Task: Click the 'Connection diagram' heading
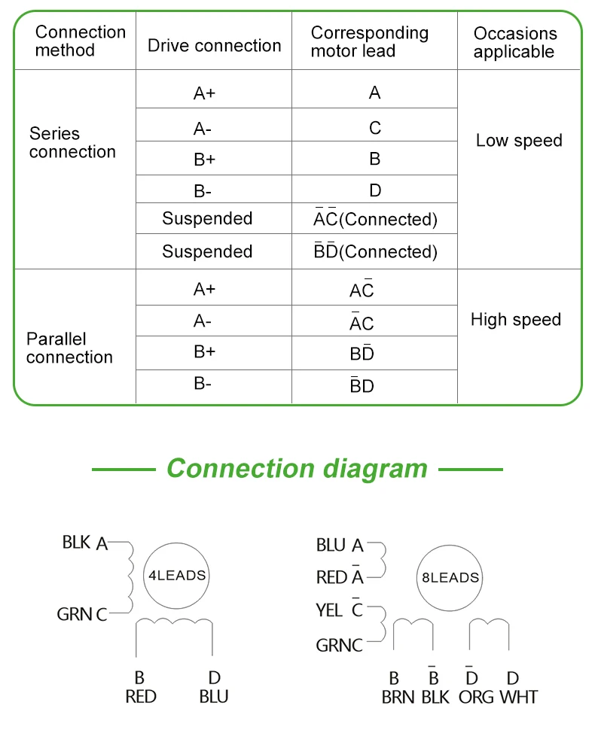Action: click(297, 468)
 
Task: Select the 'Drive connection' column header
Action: click(214, 45)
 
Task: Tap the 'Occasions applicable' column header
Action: click(515, 43)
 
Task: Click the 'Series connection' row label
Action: click(72, 143)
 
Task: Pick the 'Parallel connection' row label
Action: click(69, 348)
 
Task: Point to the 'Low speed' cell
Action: click(519, 141)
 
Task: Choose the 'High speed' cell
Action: click(516, 320)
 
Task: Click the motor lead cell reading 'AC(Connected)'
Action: click(375, 219)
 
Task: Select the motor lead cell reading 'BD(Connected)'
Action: click(375, 251)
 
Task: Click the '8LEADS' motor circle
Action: click(450, 578)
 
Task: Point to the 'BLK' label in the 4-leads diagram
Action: click(77, 542)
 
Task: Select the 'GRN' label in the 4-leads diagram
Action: click(75, 614)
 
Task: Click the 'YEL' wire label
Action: click(329, 610)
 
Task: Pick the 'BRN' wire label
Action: click(398, 697)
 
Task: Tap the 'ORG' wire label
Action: click(476, 697)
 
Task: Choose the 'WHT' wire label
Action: click(519, 697)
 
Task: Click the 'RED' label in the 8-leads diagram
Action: click(331, 577)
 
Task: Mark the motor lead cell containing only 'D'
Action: click(375, 190)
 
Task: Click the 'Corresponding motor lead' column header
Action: click(369, 42)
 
